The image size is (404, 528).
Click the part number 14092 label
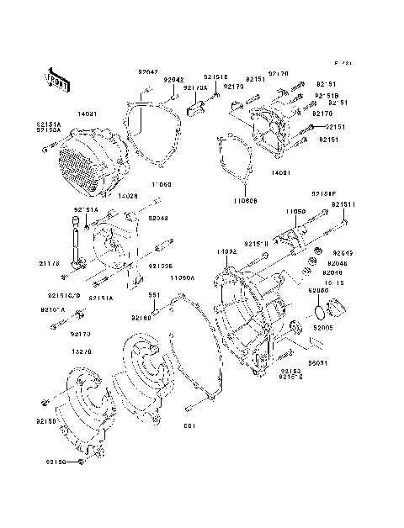point(225,251)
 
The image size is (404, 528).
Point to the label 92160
point(141,318)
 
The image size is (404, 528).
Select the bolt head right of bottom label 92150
point(82,462)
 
